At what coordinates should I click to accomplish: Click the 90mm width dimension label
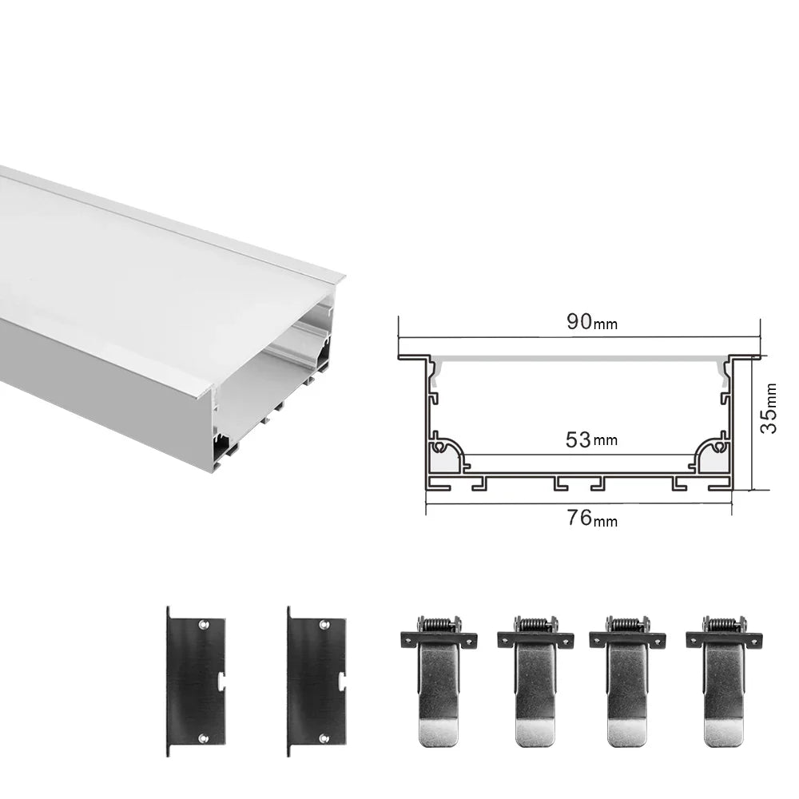coord(591,322)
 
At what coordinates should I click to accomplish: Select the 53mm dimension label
coord(591,439)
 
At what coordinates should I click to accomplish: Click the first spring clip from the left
coord(437,679)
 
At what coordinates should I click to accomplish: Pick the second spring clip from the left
coord(535,679)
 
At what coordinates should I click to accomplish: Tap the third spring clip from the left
coord(627,679)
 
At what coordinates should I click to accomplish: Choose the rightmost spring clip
coord(723,679)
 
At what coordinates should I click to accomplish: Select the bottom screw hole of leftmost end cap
coord(203,738)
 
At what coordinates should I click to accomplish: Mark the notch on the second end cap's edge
coord(342,681)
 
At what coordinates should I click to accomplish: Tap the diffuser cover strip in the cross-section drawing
coord(579,358)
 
